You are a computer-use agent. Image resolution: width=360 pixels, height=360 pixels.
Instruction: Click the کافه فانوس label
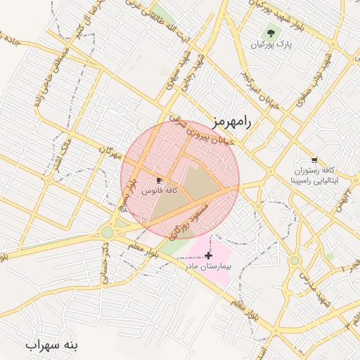160,191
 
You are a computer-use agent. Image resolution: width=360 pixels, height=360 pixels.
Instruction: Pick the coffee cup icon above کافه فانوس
160,180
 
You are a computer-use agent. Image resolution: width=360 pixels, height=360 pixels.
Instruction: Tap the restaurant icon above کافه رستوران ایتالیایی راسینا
314,160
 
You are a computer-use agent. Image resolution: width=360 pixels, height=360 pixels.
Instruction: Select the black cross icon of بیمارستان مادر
208,255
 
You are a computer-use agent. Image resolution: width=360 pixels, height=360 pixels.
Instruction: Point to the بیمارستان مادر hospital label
209,266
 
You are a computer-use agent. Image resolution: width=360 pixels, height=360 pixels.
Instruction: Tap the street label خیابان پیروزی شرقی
203,134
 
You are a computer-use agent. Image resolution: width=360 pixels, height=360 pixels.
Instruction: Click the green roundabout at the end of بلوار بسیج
108,233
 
